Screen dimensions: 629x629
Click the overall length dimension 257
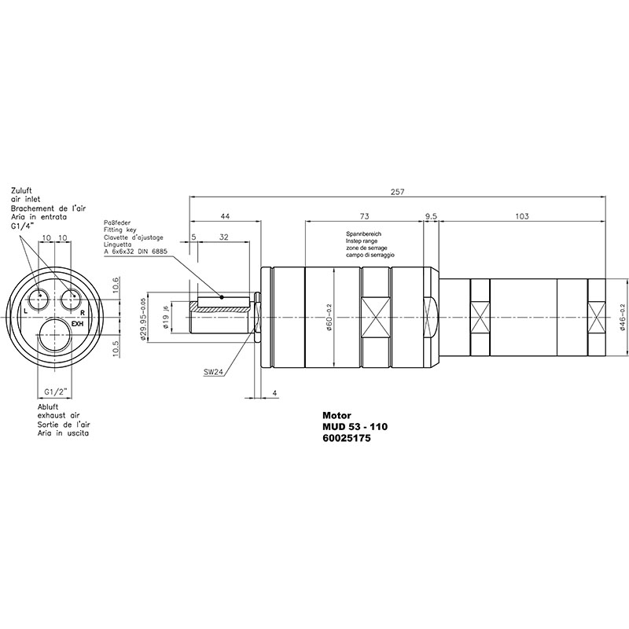pos(397,192)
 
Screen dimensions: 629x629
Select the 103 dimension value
pos(521,216)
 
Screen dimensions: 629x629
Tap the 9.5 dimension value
pos(431,216)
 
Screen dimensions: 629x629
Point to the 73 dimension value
pos(364,216)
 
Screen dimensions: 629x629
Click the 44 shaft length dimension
pos(226,216)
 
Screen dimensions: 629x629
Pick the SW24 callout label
pos(213,371)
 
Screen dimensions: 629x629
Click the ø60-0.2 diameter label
pos(329,318)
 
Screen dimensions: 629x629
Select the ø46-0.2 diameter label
pos(622,317)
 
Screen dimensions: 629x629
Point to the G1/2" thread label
pos(55,391)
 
